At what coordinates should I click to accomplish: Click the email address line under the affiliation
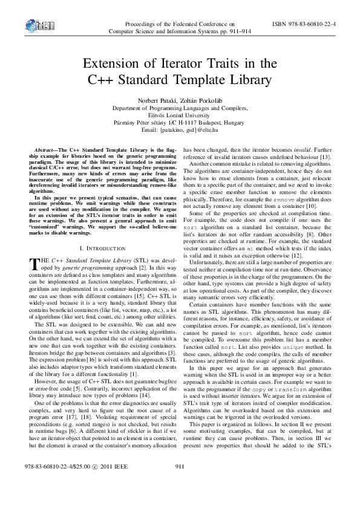[179, 129]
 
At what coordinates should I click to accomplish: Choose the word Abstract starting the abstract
[45, 149]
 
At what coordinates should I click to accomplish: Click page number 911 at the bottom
[179, 485]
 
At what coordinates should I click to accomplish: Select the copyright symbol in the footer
[94, 485]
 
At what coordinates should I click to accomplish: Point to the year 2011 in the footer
[105, 485]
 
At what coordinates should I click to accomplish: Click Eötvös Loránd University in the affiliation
[179, 115]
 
